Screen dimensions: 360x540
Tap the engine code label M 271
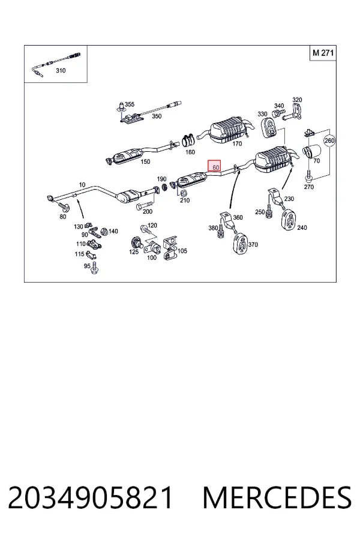(323, 53)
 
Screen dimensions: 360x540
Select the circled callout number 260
(329, 140)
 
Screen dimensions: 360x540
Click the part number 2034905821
(90, 497)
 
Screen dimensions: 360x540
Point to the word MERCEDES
(277, 497)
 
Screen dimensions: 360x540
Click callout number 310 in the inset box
(61, 71)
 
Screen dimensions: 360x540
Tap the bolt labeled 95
(95, 269)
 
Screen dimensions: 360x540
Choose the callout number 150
(145, 161)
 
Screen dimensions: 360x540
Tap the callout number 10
(82, 185)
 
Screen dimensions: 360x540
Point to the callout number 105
(182, 251)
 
